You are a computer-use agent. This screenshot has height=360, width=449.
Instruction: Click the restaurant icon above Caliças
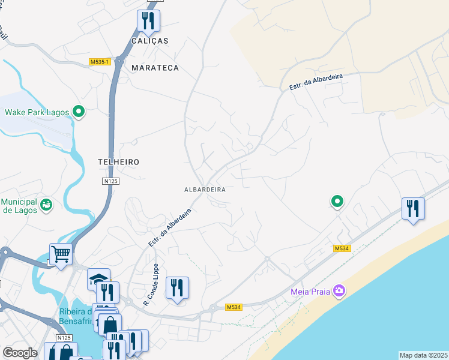tap(148, 21)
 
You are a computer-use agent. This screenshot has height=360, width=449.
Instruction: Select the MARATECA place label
tap(155, 68)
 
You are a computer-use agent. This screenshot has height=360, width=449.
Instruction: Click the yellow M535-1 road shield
tap(99, 62)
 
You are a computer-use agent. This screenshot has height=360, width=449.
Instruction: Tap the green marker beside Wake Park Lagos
tap(78, 112)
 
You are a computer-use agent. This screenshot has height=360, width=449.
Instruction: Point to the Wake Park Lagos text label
tap(37, 112)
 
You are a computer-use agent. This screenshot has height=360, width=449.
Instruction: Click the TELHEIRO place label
tap(119, 162)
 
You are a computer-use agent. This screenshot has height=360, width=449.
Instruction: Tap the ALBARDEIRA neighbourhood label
tap(205, 189)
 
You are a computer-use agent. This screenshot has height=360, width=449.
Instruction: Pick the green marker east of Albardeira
tap(337, 202)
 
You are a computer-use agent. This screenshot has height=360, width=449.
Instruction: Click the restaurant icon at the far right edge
tap(413, 209)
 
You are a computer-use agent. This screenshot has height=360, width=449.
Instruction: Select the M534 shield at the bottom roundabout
tap(234, 307)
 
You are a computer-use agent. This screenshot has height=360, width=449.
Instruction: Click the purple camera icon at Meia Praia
tap(340, 291)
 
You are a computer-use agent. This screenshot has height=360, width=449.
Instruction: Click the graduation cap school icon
tap(98, 279)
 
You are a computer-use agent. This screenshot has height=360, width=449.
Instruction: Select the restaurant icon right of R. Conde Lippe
tap(177, 288)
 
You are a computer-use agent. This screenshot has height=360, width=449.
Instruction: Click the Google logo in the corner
tap(20, 353)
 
